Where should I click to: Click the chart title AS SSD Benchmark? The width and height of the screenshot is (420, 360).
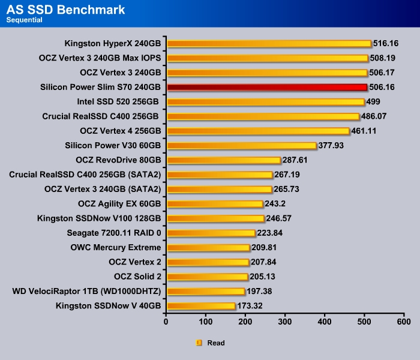tap(66, 10)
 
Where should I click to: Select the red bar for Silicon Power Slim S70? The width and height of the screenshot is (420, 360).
tap(266, 87)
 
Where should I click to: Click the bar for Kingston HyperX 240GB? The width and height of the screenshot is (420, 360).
tap(269, 43)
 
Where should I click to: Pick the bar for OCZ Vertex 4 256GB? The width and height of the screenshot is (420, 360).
tap(258, 131)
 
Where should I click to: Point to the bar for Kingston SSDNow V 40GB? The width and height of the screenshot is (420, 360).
tap(200, 306)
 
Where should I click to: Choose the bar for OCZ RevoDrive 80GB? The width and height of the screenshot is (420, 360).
tap(224, 160)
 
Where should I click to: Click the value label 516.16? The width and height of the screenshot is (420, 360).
tap(386, 44)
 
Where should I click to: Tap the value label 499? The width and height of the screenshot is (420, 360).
tap(374, 102)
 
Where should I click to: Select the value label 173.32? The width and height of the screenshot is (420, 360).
tap(251, 307)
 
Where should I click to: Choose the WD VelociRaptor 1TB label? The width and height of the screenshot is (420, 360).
tap(86, 292)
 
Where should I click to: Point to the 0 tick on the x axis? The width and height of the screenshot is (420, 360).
tap(166, 322)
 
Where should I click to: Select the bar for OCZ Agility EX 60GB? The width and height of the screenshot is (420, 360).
tap(215, 204)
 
